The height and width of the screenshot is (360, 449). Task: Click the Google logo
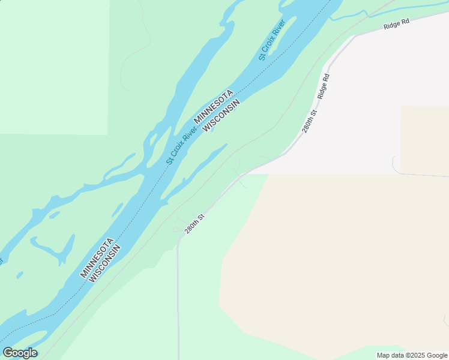(20, 353)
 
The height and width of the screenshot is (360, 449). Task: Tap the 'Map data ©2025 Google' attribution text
(412, 355)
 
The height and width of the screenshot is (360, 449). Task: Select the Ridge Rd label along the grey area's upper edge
(397, 23)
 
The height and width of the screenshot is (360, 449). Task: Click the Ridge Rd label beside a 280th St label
(324, 86)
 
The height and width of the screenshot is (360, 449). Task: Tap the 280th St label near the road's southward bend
(195, 224)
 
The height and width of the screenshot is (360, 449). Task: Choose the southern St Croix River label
(182, 145)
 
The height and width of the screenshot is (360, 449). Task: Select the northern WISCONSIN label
(221, 115)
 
